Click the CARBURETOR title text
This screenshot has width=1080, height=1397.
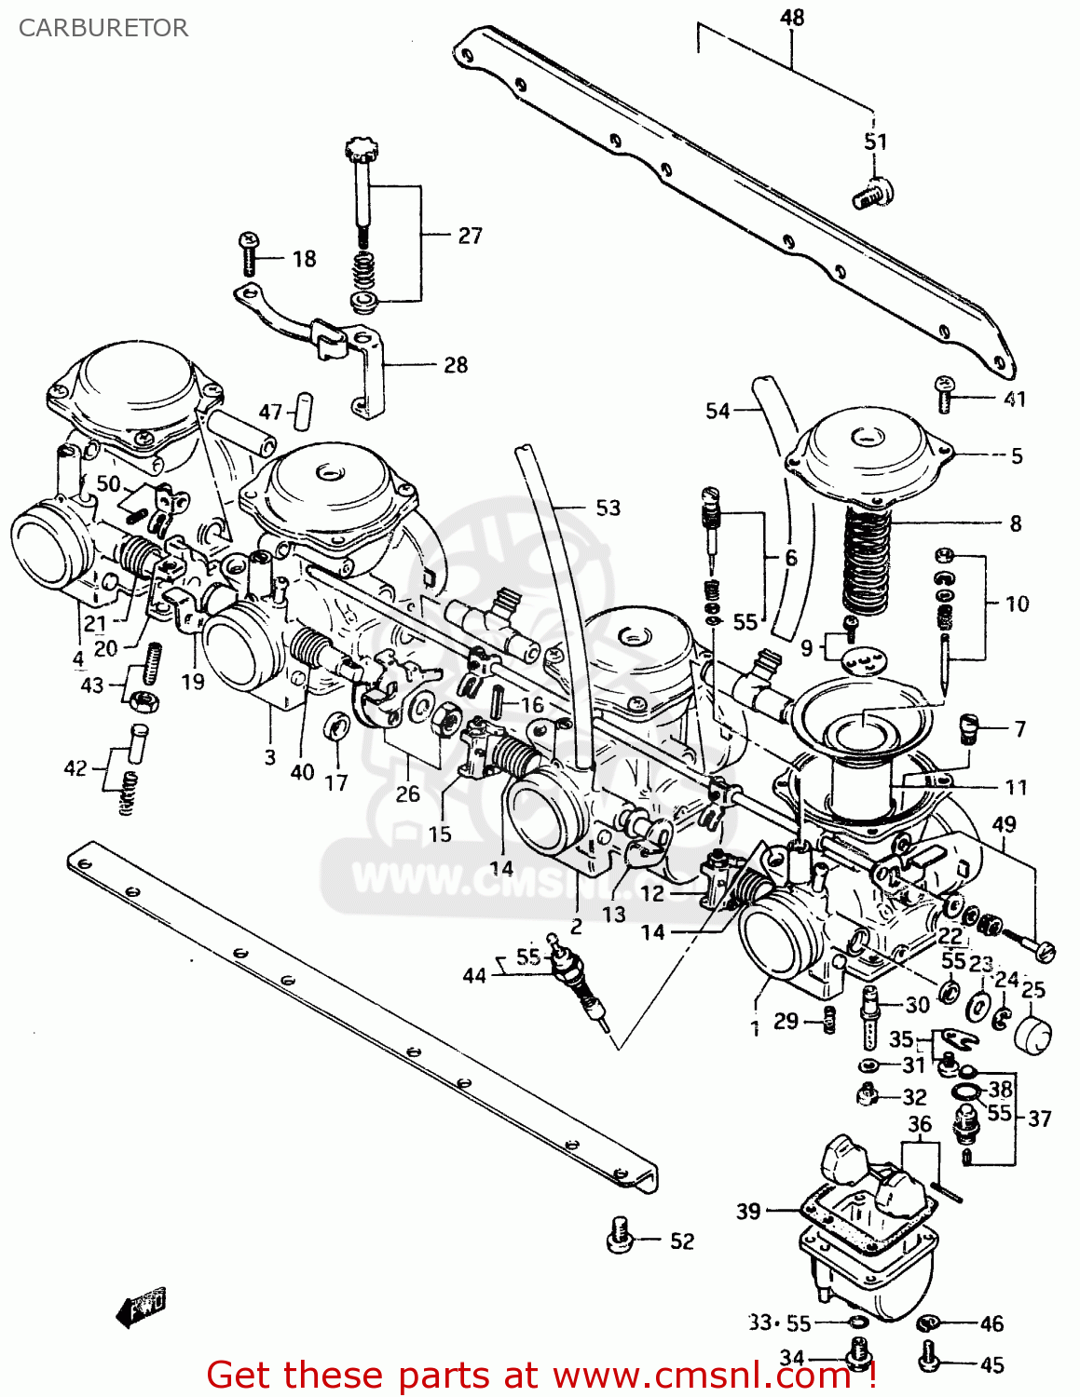[x=103, y=28]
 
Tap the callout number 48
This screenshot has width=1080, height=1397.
[x=791, y=18]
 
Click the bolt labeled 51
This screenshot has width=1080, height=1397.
[x=872, y=193]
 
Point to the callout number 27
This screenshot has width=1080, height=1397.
[x=470, y=236]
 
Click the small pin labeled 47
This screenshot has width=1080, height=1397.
[x=303, y=411]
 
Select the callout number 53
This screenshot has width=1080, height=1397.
[x=608, y=508]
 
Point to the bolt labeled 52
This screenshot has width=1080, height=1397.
[x=620, y=1234]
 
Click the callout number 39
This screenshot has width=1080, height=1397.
[x=748, y=1211]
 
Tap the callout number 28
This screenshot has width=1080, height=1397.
[x=455, y=365]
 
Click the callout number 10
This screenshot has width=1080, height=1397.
[x=1017, y=604]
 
